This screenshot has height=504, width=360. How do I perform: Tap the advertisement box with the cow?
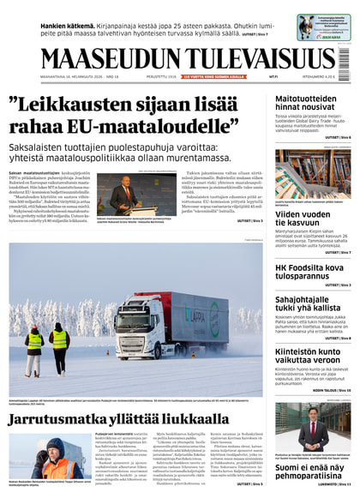323,27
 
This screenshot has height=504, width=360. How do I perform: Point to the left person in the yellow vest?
34,346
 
